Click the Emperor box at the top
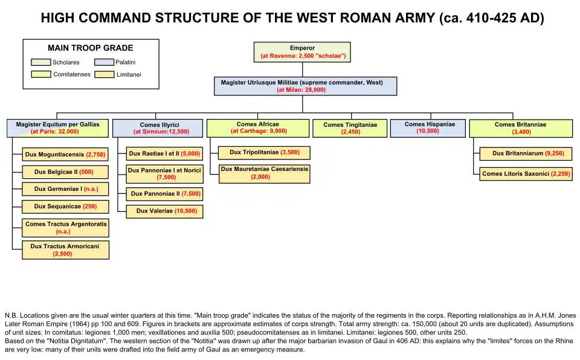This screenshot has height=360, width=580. tap(302, 52)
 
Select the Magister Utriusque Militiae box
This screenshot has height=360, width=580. tap(305, 86)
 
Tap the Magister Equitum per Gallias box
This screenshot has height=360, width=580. tap(58, 127)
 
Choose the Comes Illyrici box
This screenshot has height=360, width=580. tap(158, 128)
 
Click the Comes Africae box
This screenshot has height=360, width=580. tap(258, 127)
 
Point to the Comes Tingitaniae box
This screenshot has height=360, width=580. tap(350, 128)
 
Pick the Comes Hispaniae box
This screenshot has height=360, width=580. tap(428, 127)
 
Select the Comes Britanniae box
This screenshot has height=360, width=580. tap(520, 128)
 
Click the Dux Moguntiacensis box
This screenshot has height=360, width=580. tap(66, 155)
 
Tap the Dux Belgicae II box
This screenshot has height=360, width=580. tap(66, 172)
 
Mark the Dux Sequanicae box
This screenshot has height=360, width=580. tap(66, 207)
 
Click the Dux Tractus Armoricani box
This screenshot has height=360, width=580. tap(66, 250)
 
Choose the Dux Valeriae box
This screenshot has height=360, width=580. tap(165, 211)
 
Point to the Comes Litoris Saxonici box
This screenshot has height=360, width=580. tap(526, 174)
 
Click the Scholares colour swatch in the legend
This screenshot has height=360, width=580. tap(41, 62)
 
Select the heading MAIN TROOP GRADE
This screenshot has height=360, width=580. tap(91, 48)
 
